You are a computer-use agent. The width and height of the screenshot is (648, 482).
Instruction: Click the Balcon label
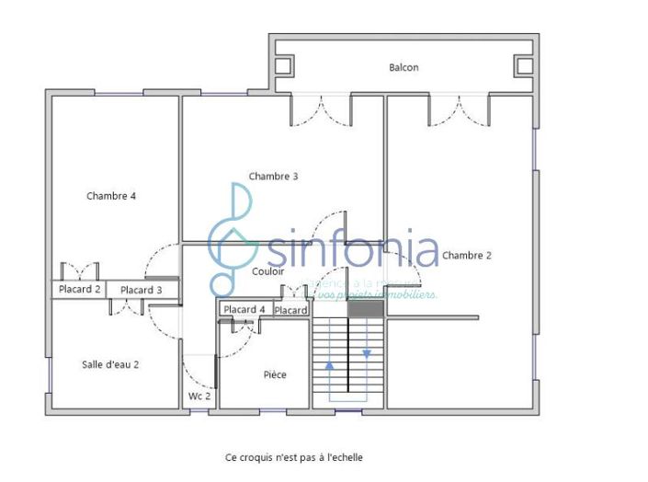(404, 67)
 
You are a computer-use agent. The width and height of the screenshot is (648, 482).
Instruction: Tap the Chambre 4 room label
(111, 195)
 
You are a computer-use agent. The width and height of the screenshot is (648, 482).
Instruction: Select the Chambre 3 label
(273, 176)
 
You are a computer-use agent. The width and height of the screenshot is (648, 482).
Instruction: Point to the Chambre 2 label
(466, 255)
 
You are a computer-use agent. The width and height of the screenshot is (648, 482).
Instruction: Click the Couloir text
(267, 271)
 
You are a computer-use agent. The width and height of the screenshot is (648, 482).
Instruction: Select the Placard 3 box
(142, 290)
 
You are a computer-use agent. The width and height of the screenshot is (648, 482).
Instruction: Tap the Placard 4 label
(244, 309)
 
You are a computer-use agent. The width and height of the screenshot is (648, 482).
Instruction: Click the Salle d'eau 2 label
(110, 364)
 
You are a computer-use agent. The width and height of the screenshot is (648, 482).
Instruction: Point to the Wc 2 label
(199, 396)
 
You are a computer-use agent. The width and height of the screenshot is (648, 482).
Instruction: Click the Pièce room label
(275, 374)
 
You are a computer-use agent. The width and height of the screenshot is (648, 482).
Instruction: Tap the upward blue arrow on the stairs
(330, 365)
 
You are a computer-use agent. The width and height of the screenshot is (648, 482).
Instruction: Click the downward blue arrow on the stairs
(367, 353)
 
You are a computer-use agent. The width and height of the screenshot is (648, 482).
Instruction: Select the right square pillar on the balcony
(523, 65)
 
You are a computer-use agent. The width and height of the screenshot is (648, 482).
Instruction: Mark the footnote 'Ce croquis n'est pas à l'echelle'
(294, 456)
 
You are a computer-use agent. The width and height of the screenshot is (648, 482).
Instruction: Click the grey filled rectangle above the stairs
(365, 309)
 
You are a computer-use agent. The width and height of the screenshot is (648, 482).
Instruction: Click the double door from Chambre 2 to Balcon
(457, 110)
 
